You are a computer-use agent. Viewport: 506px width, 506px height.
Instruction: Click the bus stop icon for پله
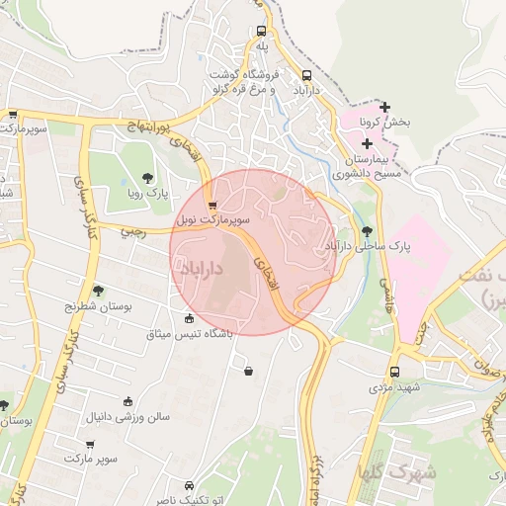(261, 31)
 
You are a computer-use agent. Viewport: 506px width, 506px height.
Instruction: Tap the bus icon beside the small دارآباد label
(306, 75)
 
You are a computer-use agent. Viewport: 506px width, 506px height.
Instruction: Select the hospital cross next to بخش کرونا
(384, 107)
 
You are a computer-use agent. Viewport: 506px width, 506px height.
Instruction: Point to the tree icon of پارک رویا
(147, 179)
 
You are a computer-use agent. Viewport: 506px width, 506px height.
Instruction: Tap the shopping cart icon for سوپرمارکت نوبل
(212, 205)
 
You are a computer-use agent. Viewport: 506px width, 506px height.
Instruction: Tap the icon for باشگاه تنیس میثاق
(190, 318)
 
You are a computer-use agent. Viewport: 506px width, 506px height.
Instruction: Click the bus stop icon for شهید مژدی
(395, 372)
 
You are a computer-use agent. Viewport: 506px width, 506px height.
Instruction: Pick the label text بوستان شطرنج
(70, 306)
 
